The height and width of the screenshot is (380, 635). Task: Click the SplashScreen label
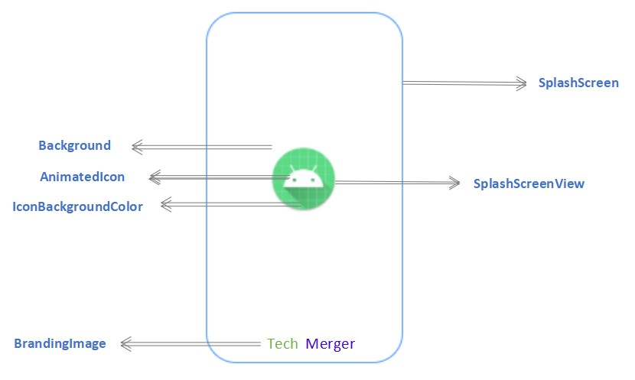point(578,83)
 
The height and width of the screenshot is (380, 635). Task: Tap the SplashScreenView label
point(529,184)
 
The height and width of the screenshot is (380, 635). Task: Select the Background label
point(74,145)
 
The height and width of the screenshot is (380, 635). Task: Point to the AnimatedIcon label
point(82,177)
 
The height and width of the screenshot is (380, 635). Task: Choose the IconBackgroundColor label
point(78,206)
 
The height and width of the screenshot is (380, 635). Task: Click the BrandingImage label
point(60,343)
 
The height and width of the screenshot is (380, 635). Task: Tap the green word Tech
point(282,343)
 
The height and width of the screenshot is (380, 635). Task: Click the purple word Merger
point(330,343)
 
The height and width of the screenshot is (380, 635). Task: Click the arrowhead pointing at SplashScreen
point(523,83)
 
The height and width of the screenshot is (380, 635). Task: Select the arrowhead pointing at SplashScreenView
point(457,183)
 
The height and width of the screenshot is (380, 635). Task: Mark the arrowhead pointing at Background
point(137,146)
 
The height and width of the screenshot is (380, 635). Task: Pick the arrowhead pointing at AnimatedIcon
point(154,177)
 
